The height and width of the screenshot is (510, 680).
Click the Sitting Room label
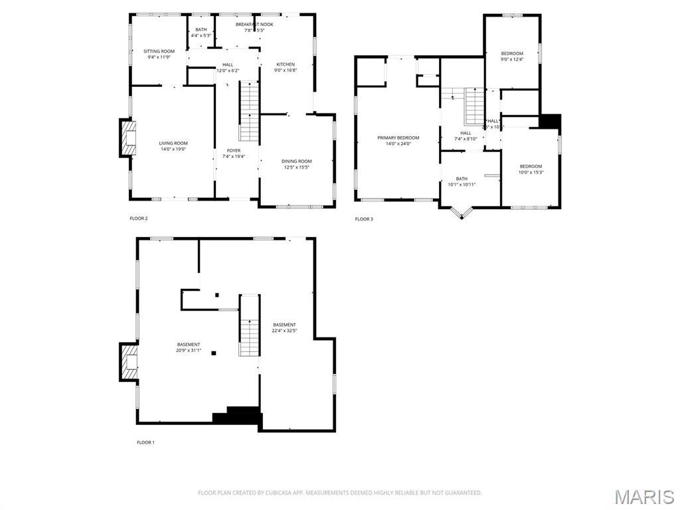(x=159, y=51)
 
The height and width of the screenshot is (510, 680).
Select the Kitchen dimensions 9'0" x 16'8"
(x=285, y=70)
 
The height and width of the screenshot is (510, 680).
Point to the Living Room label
(x=173, y=143)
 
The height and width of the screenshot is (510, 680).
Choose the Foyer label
(x=234, y=151)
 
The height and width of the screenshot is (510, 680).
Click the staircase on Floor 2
(x=249, y=111)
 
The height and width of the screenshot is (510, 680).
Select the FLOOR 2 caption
(x=139, y=218)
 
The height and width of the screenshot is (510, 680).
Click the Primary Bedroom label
(x=398, y=138)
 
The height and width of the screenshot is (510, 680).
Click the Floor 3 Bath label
(x=462, y=179)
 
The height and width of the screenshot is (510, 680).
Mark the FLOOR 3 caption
(x=364, y=219)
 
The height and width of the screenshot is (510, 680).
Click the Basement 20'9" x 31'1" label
(x=189, y=345)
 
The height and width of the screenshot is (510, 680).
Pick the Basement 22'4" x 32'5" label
(x=284, y=325)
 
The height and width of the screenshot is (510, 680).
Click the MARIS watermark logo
(x=643, y=497)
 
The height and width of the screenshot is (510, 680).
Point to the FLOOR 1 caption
(x=145, y=442)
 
